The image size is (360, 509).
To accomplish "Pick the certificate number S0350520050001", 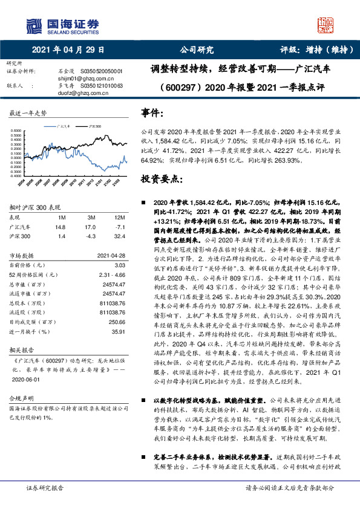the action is [x=100, y=71].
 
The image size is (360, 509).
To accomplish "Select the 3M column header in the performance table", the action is [x=92, y=217].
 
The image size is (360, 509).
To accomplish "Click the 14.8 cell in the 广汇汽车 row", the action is [x=59, y=227].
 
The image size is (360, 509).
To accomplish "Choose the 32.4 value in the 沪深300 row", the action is [x=119, y=236].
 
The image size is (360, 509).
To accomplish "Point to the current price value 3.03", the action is [x=119, y=265].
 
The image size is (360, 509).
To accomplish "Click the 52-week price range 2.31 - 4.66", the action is [x=111, y=274].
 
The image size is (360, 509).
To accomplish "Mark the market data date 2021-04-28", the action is [x=110, y=255].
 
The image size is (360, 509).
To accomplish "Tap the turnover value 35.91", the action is [x=118, y=331].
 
